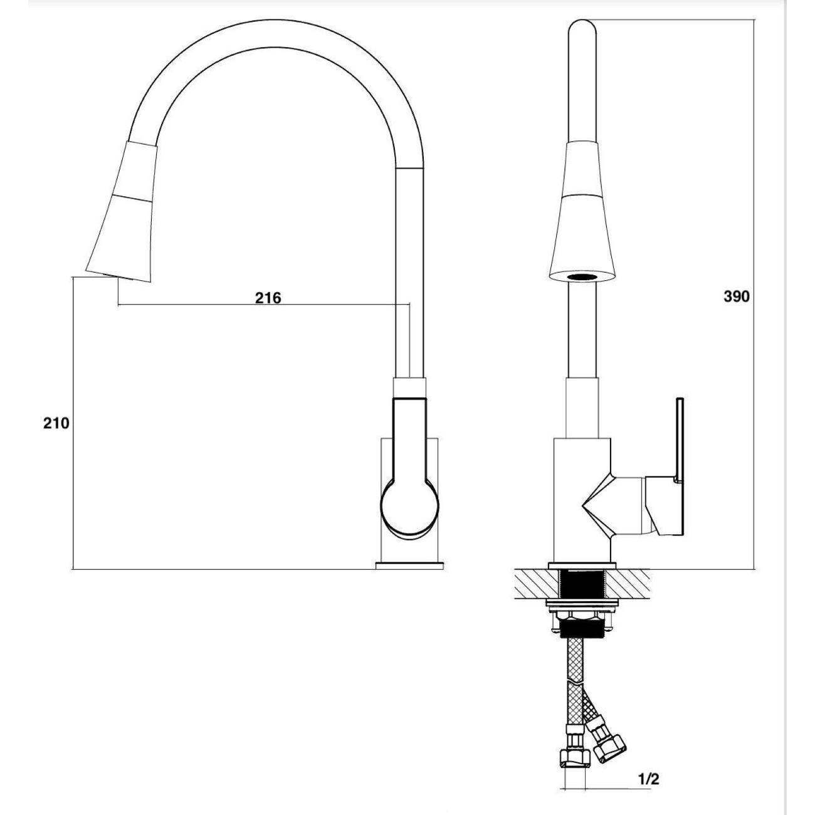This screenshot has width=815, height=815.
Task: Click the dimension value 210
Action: point(56,423)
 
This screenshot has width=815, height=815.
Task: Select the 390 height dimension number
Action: point(737,297)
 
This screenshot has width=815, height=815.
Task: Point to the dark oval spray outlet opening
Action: point(582,277)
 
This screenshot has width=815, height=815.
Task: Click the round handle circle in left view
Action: point(410,509)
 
